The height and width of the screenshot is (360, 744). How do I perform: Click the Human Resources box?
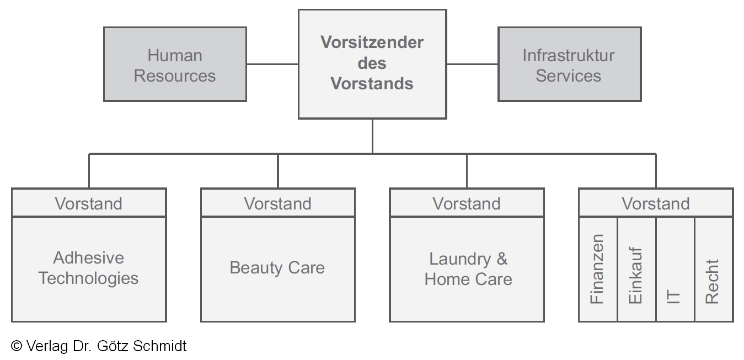(x=175, y=65)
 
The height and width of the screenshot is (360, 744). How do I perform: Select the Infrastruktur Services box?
(x=569, y=65)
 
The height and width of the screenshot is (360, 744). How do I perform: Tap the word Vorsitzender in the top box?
(x=372, y=42)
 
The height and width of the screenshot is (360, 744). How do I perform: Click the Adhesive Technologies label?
(x=89, y=268)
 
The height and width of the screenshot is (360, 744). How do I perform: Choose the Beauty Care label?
(x=277, y=268)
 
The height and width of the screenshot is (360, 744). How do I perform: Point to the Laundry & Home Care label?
(x=468, y=269)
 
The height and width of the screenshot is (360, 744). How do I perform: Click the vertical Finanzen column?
(x=598, y=269)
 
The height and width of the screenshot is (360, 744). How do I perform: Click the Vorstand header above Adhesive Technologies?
(x=89, y=203)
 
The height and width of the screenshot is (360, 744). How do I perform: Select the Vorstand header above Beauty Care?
(x=277, y=203)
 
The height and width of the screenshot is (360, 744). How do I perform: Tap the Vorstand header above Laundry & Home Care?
(x=467, y=203)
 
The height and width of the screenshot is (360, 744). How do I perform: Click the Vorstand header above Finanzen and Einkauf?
(x=656, y=203)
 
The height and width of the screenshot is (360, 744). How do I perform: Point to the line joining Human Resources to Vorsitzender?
(x=272, y=64)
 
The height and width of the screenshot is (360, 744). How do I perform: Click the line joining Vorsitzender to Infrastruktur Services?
(x=472, y=64)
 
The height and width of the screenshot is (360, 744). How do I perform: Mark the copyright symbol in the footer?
(x=17, y=346)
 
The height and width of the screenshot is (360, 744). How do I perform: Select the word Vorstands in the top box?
(x=372, y=84)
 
